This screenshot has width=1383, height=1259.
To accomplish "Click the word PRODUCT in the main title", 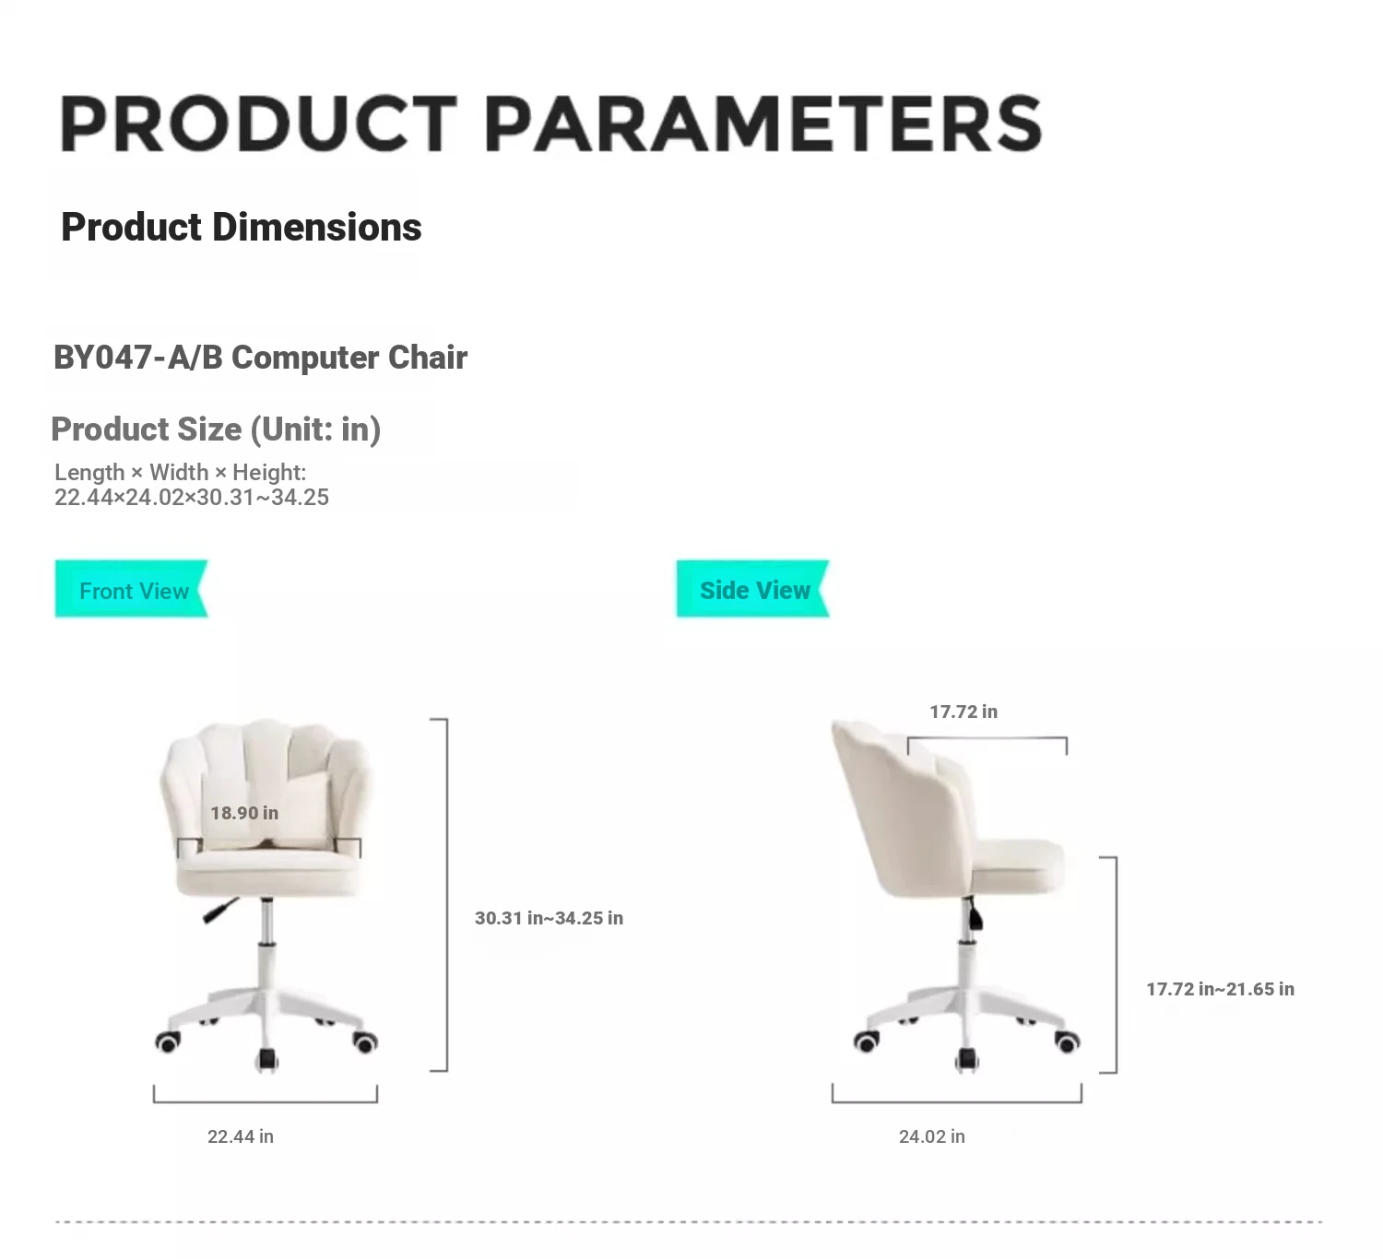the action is tap(258, 124).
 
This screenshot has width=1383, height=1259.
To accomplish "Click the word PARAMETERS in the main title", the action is tap(764, 124).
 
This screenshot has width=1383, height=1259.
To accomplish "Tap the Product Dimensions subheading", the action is tap(242, 227).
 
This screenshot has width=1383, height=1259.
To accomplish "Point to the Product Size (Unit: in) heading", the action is tap(216, 429).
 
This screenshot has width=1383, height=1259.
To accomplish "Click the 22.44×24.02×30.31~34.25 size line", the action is tap(192, 497).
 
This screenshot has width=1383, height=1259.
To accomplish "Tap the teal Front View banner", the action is tap(131, 589).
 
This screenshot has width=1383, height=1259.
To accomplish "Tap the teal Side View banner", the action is tap(753, 589).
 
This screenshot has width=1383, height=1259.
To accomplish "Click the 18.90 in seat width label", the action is tap(244, 813).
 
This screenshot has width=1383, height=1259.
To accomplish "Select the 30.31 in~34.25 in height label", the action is tap(549, 918).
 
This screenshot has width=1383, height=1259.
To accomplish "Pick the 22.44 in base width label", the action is tap(241, 1136).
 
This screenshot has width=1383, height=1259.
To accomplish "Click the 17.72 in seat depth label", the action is tap(963, 712).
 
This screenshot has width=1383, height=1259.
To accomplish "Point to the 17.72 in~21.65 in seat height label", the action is tap(1221, 989).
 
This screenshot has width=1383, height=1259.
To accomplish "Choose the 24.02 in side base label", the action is tap(932, 1136).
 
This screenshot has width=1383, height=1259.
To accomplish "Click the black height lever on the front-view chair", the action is tap(220, 910).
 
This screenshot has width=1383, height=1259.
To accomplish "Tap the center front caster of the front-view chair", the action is tap(267, 1060).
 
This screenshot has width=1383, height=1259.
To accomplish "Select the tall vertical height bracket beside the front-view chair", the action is tap(447, 895).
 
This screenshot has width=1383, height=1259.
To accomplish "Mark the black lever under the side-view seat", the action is tap(975, 914).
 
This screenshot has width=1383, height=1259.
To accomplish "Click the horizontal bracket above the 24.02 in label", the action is tap(957, 1101).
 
